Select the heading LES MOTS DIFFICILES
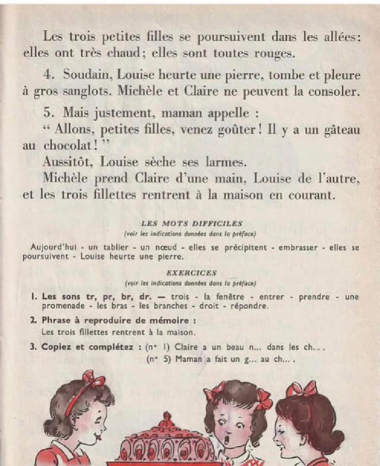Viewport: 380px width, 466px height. [191, 223]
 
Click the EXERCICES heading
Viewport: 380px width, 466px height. [191, 273]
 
